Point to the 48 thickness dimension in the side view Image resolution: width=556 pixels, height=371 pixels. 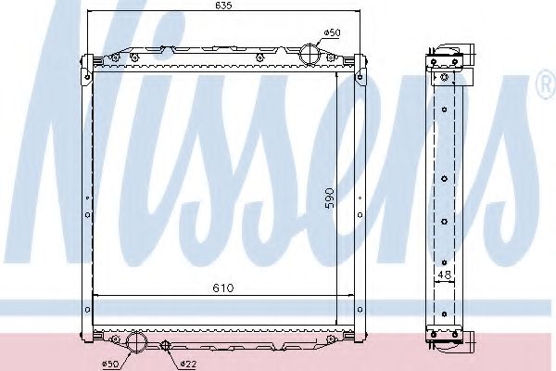click(x=446, y=275)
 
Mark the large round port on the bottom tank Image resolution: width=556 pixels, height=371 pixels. click(x=137, y=342)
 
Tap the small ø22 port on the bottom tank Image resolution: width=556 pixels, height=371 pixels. click(x=165, y=346)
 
